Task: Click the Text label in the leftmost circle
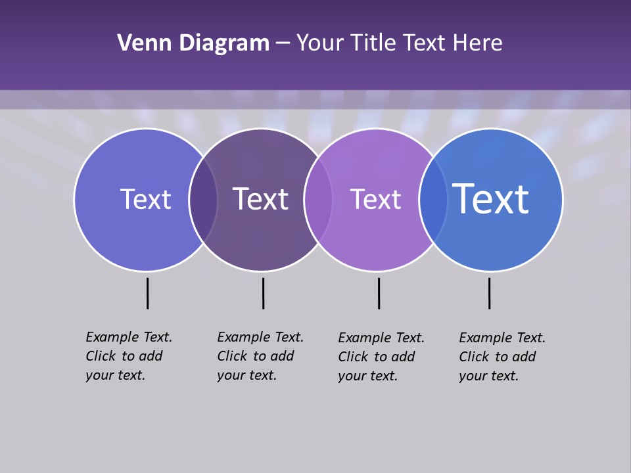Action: click(145, 199)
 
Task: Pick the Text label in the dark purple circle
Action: click(260, 199)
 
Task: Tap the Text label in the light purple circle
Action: click(375, 199)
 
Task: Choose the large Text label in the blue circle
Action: click(491, 198)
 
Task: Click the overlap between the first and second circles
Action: click(203, 200)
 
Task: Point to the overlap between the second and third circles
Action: click(318, 200)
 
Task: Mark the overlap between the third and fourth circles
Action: click(433, 200)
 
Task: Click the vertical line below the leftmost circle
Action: click(147, 293)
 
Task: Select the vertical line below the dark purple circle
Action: click(263, 293)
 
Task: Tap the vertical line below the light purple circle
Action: click(379, 293)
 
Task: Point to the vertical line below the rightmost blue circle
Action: click(489, 293)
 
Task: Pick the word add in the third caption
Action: click(403, 357)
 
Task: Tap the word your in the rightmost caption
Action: click(472, 376)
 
